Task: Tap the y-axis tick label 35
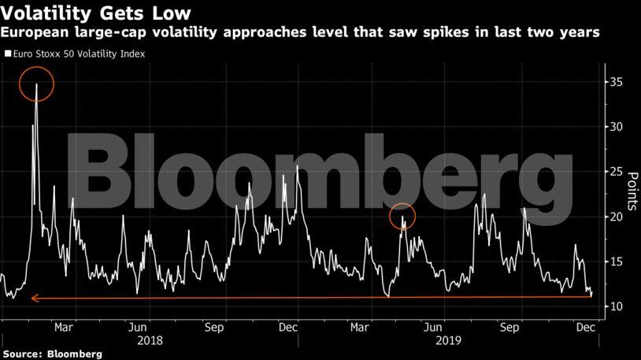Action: click(616, 82)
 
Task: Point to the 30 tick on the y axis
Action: click(616, 127)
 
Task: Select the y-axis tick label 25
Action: click(616, 172)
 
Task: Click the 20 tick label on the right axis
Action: click(616, 217)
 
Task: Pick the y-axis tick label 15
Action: click(616, 262)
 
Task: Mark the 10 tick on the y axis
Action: click(616, 306)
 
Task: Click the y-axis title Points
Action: click(632, 191)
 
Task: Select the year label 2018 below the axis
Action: click(150, 340)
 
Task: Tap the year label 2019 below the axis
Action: click(448, 340)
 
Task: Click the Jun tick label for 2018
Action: click(137, 327)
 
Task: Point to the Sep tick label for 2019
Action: click(509, 327)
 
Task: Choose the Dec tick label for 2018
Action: click(288, 327)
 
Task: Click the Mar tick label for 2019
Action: click(359, 327)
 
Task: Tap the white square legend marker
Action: click(8, 54)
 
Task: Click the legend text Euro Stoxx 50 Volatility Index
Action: click(79, 54)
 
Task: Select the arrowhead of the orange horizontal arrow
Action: click(35, 299)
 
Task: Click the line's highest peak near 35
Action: click(36, 84)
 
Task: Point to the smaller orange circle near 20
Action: click(402, 204)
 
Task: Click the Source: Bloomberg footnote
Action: click(53, 354)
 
